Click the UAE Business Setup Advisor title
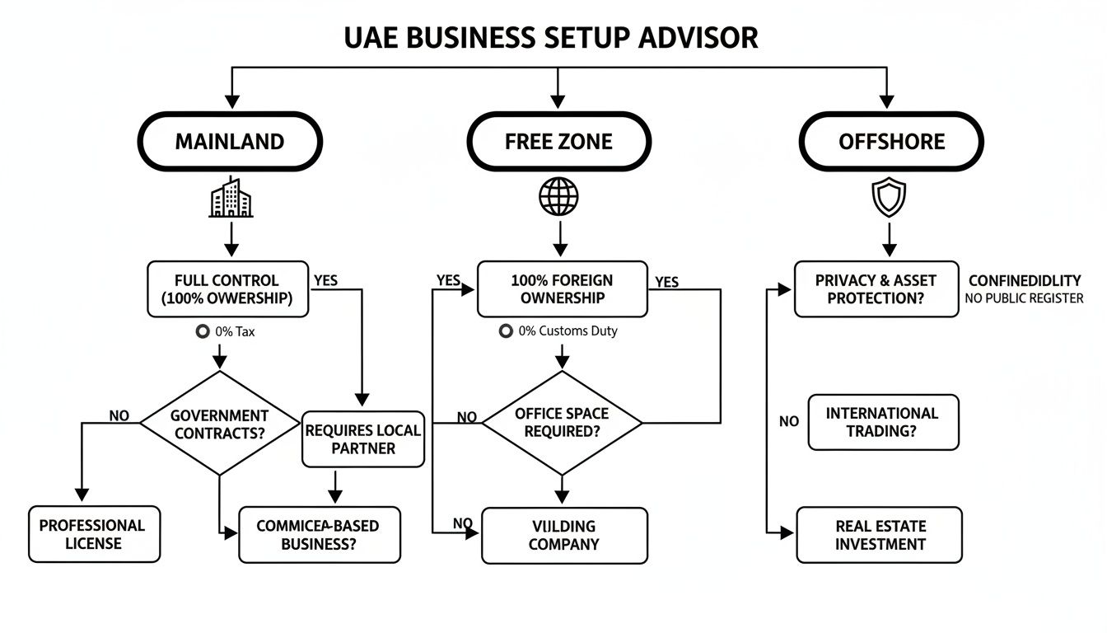[x=551, y=38]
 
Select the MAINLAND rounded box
[x=229, y=142]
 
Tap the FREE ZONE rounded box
[x=558, y=142]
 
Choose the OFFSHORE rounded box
[x=891, y=142]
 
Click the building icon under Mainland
[x=231, y=198]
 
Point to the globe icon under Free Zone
[x=558, y=198]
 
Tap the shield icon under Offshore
[x=889, y=199]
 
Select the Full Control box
[x=227, y=289]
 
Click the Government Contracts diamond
[x=219, y=424]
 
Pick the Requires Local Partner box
[x=362, y=439]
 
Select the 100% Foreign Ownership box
[x=562, y=289]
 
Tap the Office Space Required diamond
[x=562, y=423]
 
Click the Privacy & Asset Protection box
[x=876, y=289]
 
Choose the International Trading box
[x=882, y=422]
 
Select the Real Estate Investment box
[x=880, y=535]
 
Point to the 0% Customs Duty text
[x=568, y=331]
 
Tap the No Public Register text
[x=1024, y=298]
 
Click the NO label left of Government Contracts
[x=119, y=416]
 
